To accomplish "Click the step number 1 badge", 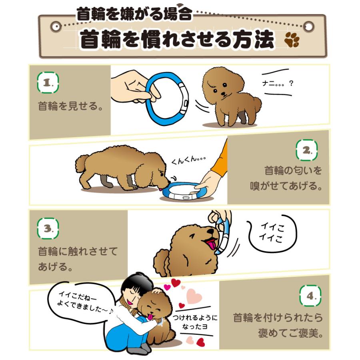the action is tap(48, 82).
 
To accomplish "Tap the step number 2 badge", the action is tap(306, 150).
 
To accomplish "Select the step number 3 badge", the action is tap(48, 228).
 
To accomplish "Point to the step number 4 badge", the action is tap(310, 296).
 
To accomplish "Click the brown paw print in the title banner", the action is tap(292, 40).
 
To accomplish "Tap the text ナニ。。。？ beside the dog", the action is tap(278, 83).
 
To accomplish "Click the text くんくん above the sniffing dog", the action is tap(188, 160).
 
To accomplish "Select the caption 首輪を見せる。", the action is tap(71, 106).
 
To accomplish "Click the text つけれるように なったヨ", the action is tap(195, 322).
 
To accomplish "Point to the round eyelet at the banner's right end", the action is tap(309, 26).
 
